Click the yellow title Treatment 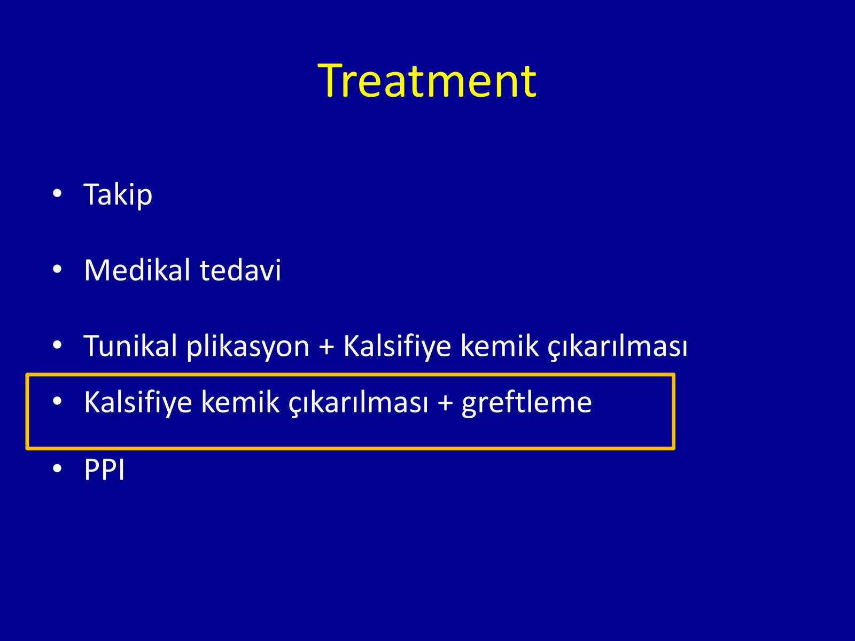click(427, 81)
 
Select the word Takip click(118, 194)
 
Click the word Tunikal click(131, 345)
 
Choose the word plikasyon click(248, 346)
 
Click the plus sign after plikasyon click(327, 346)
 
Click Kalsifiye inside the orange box click(138, 402)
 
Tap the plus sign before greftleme click(445, 402)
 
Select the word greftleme click(527, 402)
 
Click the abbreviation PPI click(104, 470)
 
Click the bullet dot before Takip click(57, 193)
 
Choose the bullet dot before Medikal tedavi click(57, 269)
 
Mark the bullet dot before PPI click(57, 468)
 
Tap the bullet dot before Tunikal click(57, 345)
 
